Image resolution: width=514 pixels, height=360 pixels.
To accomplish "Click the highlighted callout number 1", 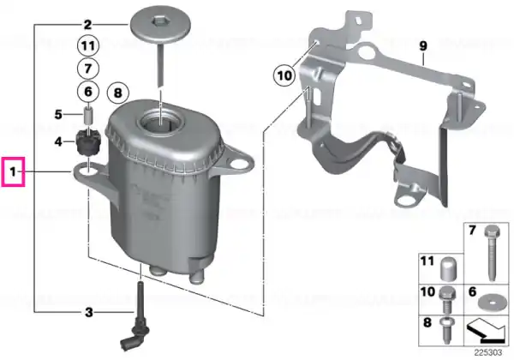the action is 13,171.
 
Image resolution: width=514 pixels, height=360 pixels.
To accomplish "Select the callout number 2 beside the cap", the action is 87,25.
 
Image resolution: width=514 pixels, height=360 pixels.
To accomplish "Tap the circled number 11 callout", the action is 88,45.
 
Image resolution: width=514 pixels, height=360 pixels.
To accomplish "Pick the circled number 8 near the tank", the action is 118,93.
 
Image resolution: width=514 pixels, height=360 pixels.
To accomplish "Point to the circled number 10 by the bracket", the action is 284,75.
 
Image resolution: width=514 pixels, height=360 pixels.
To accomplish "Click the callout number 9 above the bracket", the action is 423,46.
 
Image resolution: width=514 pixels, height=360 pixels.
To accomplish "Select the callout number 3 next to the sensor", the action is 89,313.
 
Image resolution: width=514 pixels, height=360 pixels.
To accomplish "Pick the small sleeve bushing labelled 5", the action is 88,114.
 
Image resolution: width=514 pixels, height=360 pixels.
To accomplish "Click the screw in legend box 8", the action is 447,331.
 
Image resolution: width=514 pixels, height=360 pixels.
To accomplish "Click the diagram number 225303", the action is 488,352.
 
